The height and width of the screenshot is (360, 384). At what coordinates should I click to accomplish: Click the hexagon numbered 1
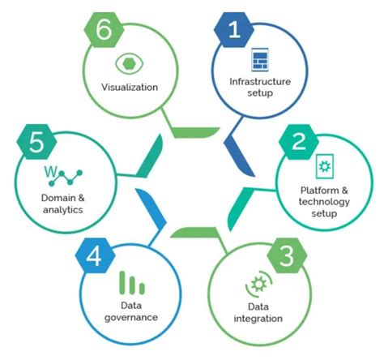pyautogui.click(x=234, y=30)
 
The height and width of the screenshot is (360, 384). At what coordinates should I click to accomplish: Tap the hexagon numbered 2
pyautogui.click(x=299, y=142)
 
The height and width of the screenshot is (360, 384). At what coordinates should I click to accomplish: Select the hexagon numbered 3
pyautogui.click(x=287, y=255)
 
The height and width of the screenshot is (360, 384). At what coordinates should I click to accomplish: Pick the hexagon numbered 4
pyautogui.click(x=95, y=255)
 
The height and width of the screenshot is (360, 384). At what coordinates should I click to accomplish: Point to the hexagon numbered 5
pyautogui.click(x=36, y=142)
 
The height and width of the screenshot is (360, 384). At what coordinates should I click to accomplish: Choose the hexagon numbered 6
pyautogui.click(x=104, y=30)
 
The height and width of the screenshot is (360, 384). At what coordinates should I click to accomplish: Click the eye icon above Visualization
pyautogui.click(x=130, y=63)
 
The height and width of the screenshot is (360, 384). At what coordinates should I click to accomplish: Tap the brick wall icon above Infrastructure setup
pyautogui.click(x=260, y=60)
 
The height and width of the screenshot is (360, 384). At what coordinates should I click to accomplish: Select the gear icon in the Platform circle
pyautogui.click(x=325, y=166)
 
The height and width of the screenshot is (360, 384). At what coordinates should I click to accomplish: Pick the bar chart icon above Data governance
pyautogui.click(x=132, y=283)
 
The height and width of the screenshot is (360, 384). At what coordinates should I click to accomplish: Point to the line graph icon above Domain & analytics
pyautogui.click(x=64, y=176)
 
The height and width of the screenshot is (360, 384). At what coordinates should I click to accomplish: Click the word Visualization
pyautogui.click(x=130, y=88)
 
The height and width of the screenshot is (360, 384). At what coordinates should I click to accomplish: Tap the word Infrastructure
pyautogui.click(x=260, y=82)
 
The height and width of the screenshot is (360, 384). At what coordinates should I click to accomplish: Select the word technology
pyautogui.click(x=324, y=202)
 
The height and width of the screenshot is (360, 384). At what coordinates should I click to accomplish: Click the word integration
pyautogui.click(x=258, y=319)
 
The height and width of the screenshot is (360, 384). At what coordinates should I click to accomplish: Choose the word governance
pyautogui.click(x=131, y=317)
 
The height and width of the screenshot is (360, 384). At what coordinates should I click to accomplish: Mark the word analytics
pyautogui.click(x=63, y=210)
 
